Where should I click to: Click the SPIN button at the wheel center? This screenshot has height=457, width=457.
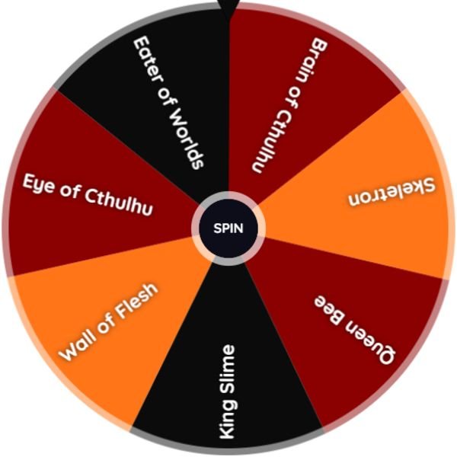click(228, 228)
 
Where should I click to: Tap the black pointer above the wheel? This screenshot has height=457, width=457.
click(228, 8)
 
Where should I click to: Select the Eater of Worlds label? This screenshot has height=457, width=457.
click(168, 103)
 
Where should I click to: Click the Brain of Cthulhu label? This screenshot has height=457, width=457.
click(289, 105)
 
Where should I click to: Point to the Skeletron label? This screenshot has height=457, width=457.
click(391, 192)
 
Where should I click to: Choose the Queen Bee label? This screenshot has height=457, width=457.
click(355, 330)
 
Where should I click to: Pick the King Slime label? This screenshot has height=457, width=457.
click(227, 391)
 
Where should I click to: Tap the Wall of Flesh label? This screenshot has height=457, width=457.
click(108, 321)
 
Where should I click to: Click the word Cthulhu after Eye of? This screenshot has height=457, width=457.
click(119, 203)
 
